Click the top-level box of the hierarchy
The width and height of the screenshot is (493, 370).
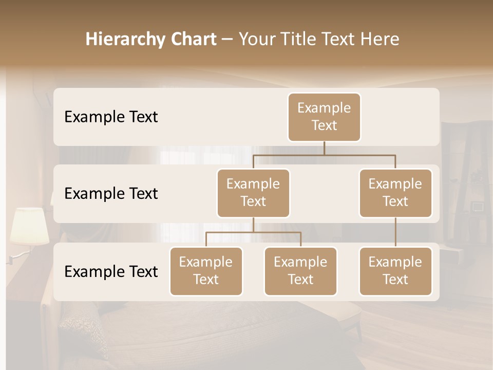pos(324,117)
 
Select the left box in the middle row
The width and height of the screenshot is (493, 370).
pos(253,193)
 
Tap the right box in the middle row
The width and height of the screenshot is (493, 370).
pos(395,193)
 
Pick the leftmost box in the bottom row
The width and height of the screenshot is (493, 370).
pos(206,271)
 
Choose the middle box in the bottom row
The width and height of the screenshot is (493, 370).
pos(300,271)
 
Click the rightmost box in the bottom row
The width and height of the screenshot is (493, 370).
pos(395,271)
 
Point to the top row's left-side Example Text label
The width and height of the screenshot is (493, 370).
pos(111,117)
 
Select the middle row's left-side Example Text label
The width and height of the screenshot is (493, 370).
pos(111,194)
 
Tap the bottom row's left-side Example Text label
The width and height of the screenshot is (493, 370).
pos(111,272)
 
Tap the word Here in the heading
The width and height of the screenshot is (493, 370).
pos(379,39)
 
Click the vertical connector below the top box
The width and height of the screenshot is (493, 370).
pos(324,148)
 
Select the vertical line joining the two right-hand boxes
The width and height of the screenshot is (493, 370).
pos(395,232)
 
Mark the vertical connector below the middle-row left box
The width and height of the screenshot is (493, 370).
pos(253,225)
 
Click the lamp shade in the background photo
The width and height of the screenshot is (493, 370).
pos(30,225)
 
